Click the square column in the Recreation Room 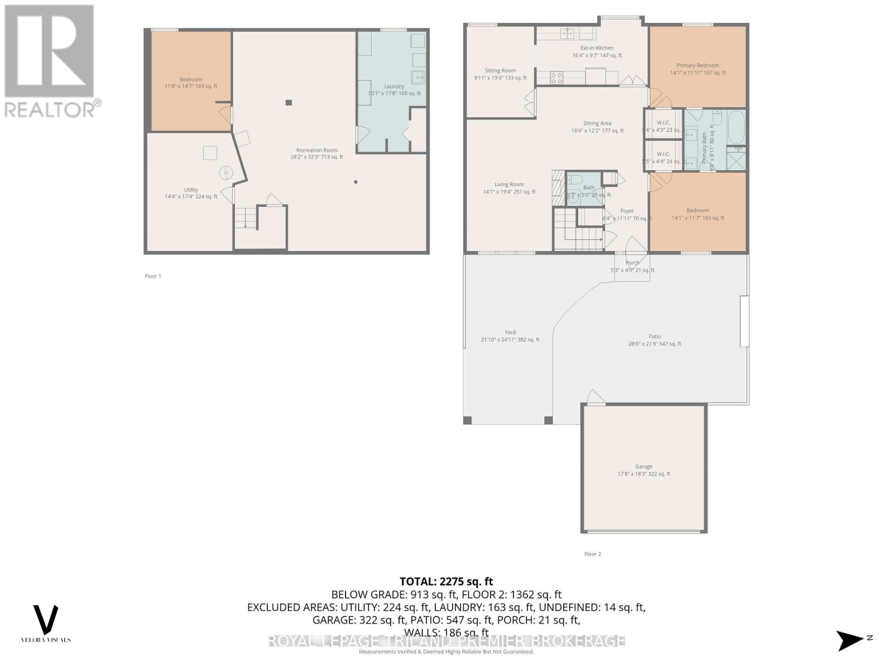tap(289, 102)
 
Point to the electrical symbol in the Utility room tap(226, 173)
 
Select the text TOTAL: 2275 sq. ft tap(446, 582)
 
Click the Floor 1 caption tap(152, 276)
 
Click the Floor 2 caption tap(592, 554)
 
